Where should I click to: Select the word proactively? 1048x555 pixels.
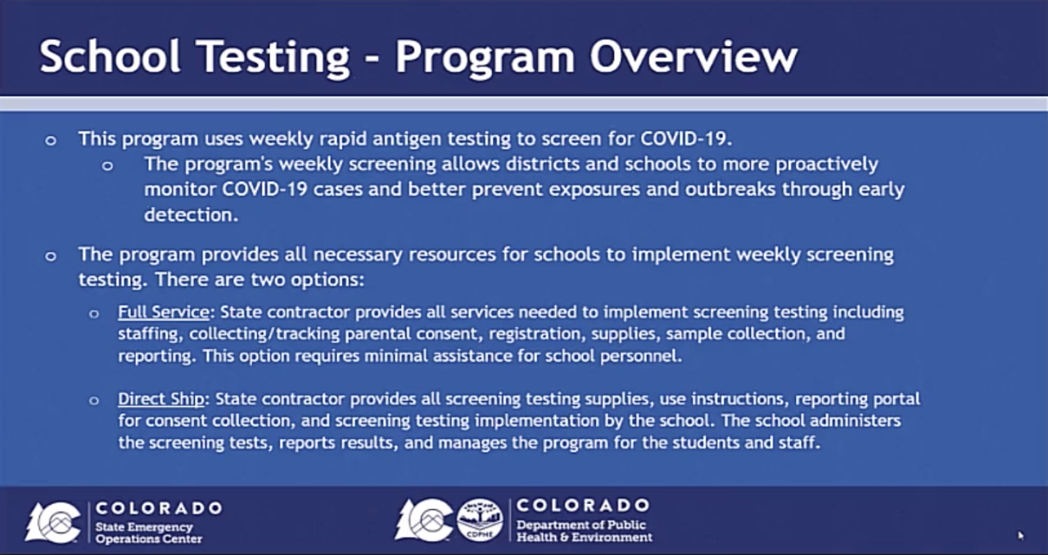click(826, 164)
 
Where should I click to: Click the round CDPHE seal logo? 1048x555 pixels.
click(480, 521)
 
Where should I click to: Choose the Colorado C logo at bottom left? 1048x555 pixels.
click(53, 521)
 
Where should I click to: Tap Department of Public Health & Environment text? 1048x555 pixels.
click(584, 530)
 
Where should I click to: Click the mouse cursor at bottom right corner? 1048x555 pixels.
click(1020, 535)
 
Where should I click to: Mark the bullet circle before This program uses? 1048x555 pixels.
click(51, 140)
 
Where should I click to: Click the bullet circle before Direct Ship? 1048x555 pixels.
click(94, 400)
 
